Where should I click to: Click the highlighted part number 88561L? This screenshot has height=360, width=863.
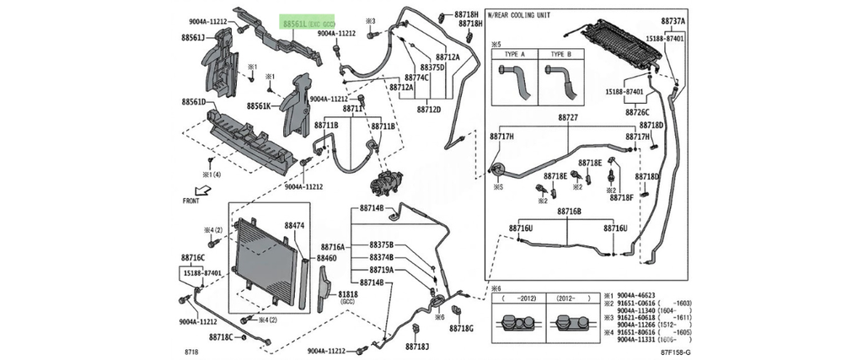tap(295, 26)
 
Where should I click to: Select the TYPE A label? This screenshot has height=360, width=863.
tap(514, 53)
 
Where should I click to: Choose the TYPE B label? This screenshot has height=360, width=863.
tap(560, 53)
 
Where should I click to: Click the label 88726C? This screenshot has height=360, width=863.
tap(637, 111)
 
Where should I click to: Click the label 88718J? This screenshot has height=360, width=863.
tap(417, 347)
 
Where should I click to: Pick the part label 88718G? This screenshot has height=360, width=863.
tap(462, 328)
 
